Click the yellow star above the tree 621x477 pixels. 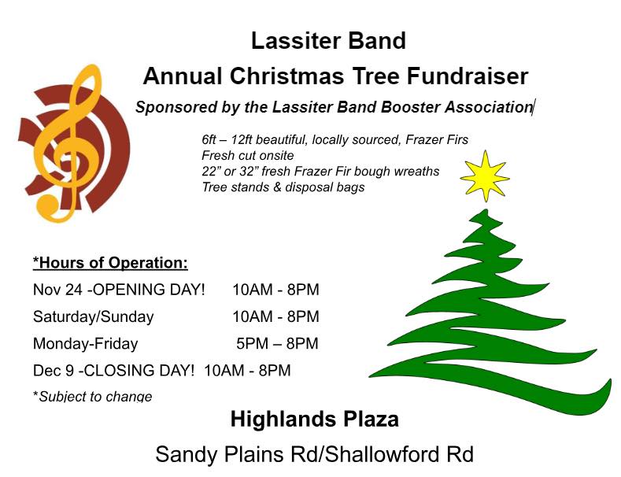485,176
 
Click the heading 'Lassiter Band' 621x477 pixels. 329,40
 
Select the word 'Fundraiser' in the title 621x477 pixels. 468,76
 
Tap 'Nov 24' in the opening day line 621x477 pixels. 57,290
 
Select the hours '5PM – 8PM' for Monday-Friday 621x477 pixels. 277,343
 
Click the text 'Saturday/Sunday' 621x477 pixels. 94,317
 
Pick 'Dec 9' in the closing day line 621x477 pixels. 54,371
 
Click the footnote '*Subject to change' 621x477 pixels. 93,397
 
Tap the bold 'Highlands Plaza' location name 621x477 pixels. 315,420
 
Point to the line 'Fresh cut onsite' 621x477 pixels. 248,155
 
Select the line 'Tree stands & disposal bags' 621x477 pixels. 283,187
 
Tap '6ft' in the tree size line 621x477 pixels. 209,139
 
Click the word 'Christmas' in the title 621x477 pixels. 287,76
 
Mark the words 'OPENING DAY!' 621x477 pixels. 149,290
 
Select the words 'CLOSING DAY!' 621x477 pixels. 139,371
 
